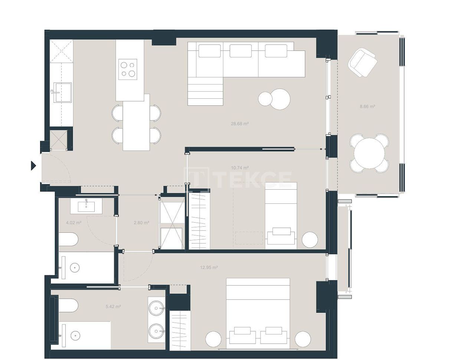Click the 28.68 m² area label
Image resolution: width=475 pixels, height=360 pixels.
point(239,124)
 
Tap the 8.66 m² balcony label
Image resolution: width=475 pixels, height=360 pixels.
point(367,107)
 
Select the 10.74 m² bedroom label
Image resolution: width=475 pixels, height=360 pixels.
point(240,168)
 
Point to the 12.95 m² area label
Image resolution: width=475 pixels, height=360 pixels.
point(209,267)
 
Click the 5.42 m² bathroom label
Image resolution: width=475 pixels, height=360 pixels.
point(113,307)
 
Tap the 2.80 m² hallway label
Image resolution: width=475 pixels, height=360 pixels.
point(141,223)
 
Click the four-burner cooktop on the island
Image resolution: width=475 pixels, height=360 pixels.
point(127,69)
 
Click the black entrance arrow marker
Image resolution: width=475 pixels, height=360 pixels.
point(33,166)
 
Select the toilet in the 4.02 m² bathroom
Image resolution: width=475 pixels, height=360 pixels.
point(68,239)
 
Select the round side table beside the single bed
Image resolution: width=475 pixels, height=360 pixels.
point(309,240)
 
